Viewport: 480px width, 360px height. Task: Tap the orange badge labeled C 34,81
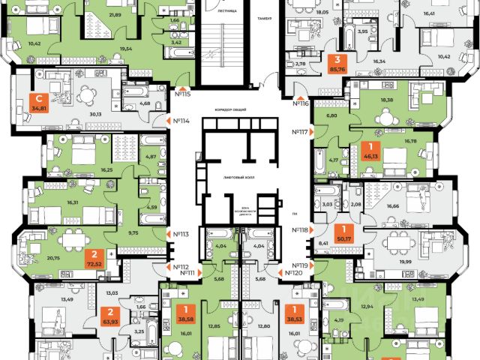click(35, 102)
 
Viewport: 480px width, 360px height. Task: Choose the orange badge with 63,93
click(109, 319)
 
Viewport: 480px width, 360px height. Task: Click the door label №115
click(183, 94)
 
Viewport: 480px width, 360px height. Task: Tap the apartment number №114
click(179, 121)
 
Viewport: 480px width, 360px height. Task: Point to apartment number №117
click(300, 132)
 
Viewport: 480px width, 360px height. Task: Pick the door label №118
click(300, 230)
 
